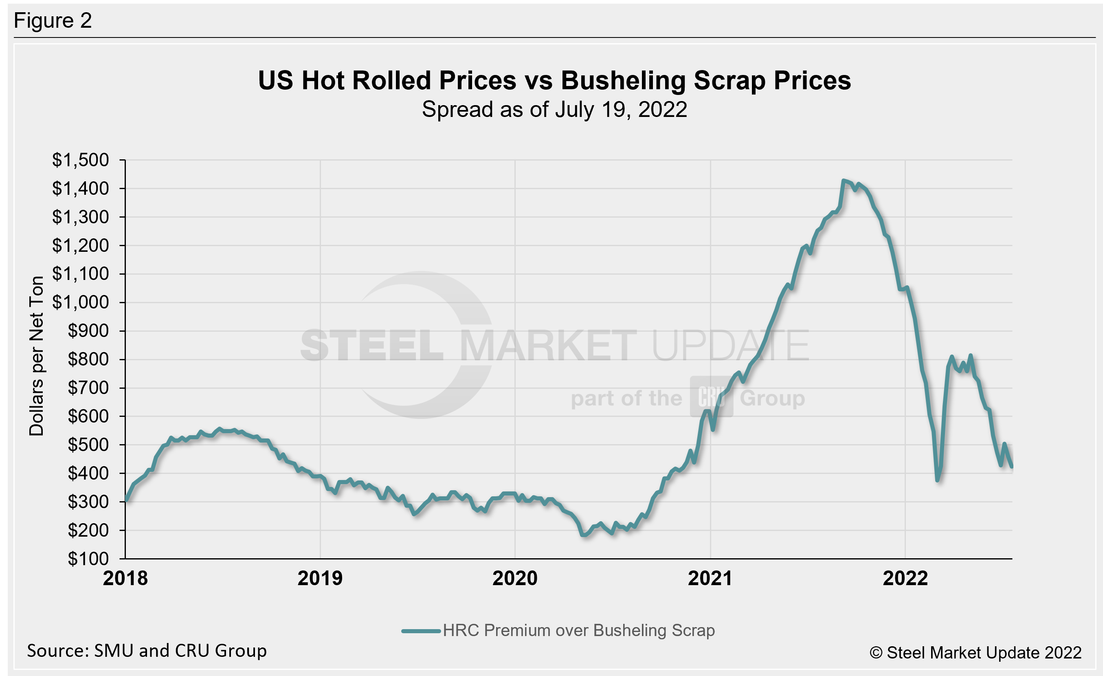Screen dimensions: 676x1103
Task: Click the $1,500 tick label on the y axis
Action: pyautogui.click(x=80, y=160)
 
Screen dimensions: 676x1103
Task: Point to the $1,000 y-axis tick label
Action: pyautogui.click(x=80, y=303)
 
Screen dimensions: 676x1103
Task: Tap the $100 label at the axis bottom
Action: pyautogui.click(x=88, y=559)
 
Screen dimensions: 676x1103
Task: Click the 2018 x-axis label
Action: pyautogui.click(x=125, y=578)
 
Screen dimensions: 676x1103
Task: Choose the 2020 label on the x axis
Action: pyautogui.click(x=515, y=578)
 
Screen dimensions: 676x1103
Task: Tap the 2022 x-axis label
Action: pyautogui.click(x=905, y=578)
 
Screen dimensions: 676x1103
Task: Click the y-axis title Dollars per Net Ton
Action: pyautogui.click(x=36, y=356)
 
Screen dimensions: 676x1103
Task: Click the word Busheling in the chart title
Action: pyautogui.click(x=623, y=81)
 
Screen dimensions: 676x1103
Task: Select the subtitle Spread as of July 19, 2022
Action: pyautogui.click(x=554, y=110)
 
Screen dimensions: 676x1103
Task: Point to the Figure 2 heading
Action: pyautogui.click(x=53, y=21)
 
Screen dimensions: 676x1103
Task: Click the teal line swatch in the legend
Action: pyautogui.click(x=421, y=631)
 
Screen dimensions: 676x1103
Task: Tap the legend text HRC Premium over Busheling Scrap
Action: pyautogui.click(x=579, y=630)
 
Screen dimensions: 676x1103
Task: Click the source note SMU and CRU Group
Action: pyautogui.click(x=147, y=650)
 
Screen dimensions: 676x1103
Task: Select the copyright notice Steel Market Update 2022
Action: pyautogui.click(x=976, y=653)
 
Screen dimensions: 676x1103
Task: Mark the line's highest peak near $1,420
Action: pyautogui.click(x=844, y=181)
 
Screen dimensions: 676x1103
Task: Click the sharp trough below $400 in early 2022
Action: pyautogui.click(x=937, y=480)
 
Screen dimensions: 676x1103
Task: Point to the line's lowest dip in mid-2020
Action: pyautogui.click(x=584, y=535)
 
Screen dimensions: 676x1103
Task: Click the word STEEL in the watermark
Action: pyautogui.click(x=371, y=346)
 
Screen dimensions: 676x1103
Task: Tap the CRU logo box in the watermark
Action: pyautogui.click(x=711, y=396)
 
